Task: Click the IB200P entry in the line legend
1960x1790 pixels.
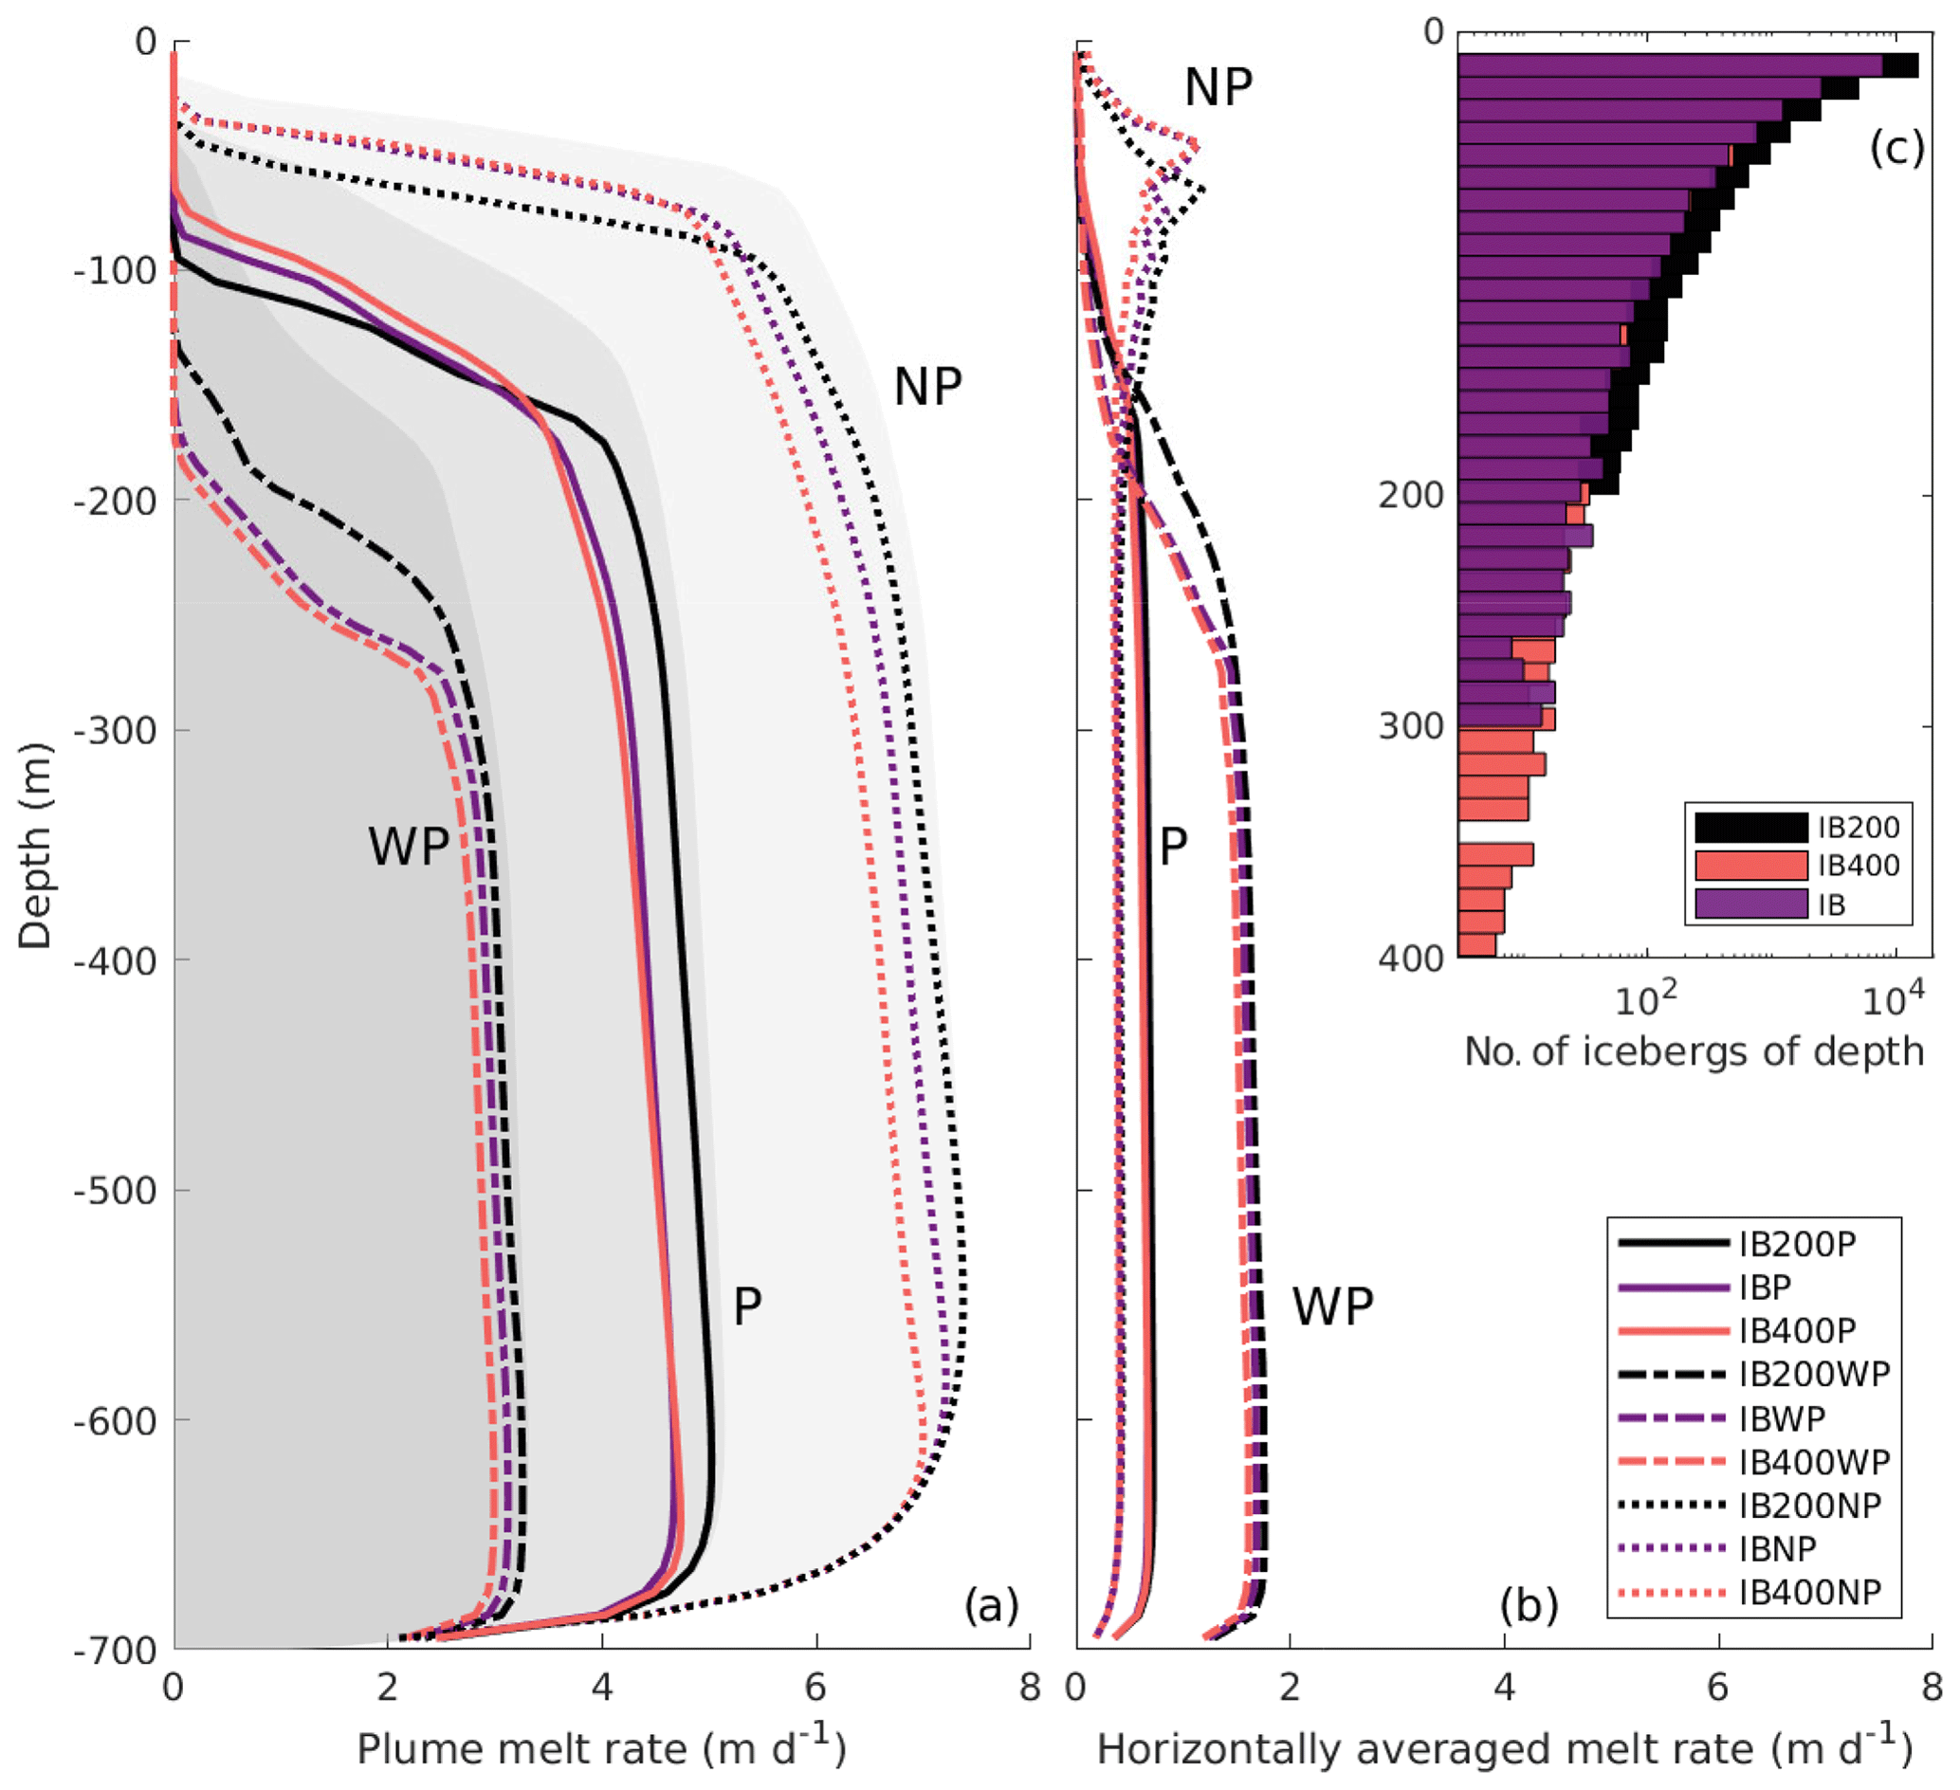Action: pyautogui.click(x=1797, y=1245)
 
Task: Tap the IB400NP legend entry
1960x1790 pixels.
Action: pyautogui.click(x=1809, y=1593)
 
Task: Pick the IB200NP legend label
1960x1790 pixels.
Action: pyautogui.click(x=1809, y=1506)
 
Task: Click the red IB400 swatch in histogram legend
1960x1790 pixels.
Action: pyautogui.click(x=1751, y=866)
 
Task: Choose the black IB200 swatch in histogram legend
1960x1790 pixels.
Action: pyautogui.click(x=1751, y=828)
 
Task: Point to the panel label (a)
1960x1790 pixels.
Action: pyautogui.click(x=991, y=1604)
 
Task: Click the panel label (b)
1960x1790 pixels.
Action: pyautogui.click(x=1529, y=1604)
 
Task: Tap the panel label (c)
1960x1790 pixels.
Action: pyautogui.click(x=1896, y=148)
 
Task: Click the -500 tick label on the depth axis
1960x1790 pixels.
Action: pyautogui.click(x=116, y=1190)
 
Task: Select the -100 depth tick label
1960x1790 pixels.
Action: pyautogui.click(x=116, y=270)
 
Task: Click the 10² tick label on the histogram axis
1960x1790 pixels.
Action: pyautogui.click(x=1646, y=998)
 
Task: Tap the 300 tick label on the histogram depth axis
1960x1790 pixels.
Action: pyautogui.click(x=1411, y=725)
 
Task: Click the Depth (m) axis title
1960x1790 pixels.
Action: pyautogui.click(x=35, y=845)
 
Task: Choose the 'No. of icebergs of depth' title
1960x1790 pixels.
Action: pyautogui.click(x=1694, y=1051)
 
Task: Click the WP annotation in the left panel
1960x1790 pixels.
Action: pyautogui.click(x=409, y=846)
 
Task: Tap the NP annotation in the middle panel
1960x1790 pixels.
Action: pyautogui.click(x=1218, y=87)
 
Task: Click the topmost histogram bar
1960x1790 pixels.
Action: pyautogui.click(x=1686, y=65)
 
